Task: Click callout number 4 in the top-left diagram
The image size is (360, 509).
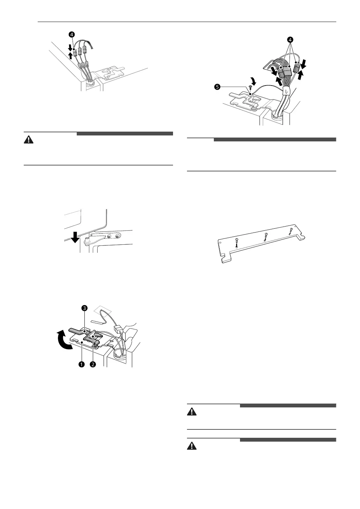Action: tap(72, 34)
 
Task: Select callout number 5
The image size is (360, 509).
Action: tap(217, 87)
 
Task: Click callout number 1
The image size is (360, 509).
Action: tap(81, 364)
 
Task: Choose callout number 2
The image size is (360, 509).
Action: tap(93, 364)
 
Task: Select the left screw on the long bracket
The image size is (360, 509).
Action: tap(237, 242)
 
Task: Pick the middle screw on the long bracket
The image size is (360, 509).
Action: tap(266, 236)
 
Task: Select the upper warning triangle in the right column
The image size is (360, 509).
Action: tap(192, 412)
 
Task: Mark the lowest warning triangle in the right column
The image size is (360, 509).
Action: tap(192, 446)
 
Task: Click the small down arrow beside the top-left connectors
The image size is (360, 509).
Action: tap(70, 47)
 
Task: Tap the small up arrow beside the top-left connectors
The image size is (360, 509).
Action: tap(70, 55)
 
